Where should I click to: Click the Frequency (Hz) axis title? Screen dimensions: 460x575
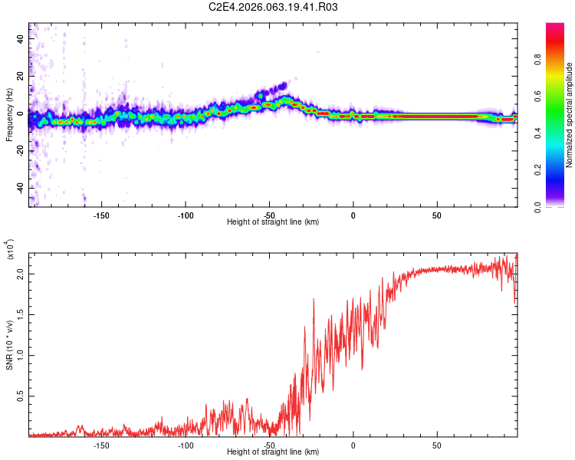(x=9, y=116)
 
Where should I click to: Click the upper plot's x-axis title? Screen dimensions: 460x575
(x=273, y=222)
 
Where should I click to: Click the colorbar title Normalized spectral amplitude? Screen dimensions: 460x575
(x=570, y=116)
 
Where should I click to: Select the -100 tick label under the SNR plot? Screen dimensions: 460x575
(x=185, y=444)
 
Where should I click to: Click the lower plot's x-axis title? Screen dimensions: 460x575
(x=273, y=452)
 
